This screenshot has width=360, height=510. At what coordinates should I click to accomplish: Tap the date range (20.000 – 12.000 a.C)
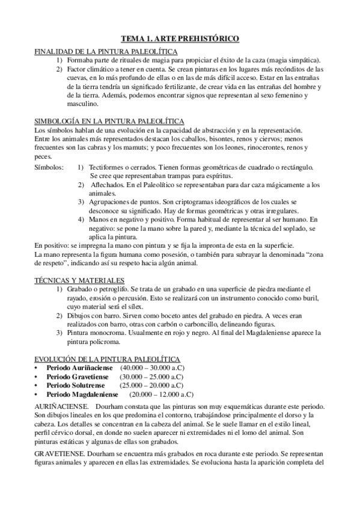pos(161,395)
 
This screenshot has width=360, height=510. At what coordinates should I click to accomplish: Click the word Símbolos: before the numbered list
pos(50,166)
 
